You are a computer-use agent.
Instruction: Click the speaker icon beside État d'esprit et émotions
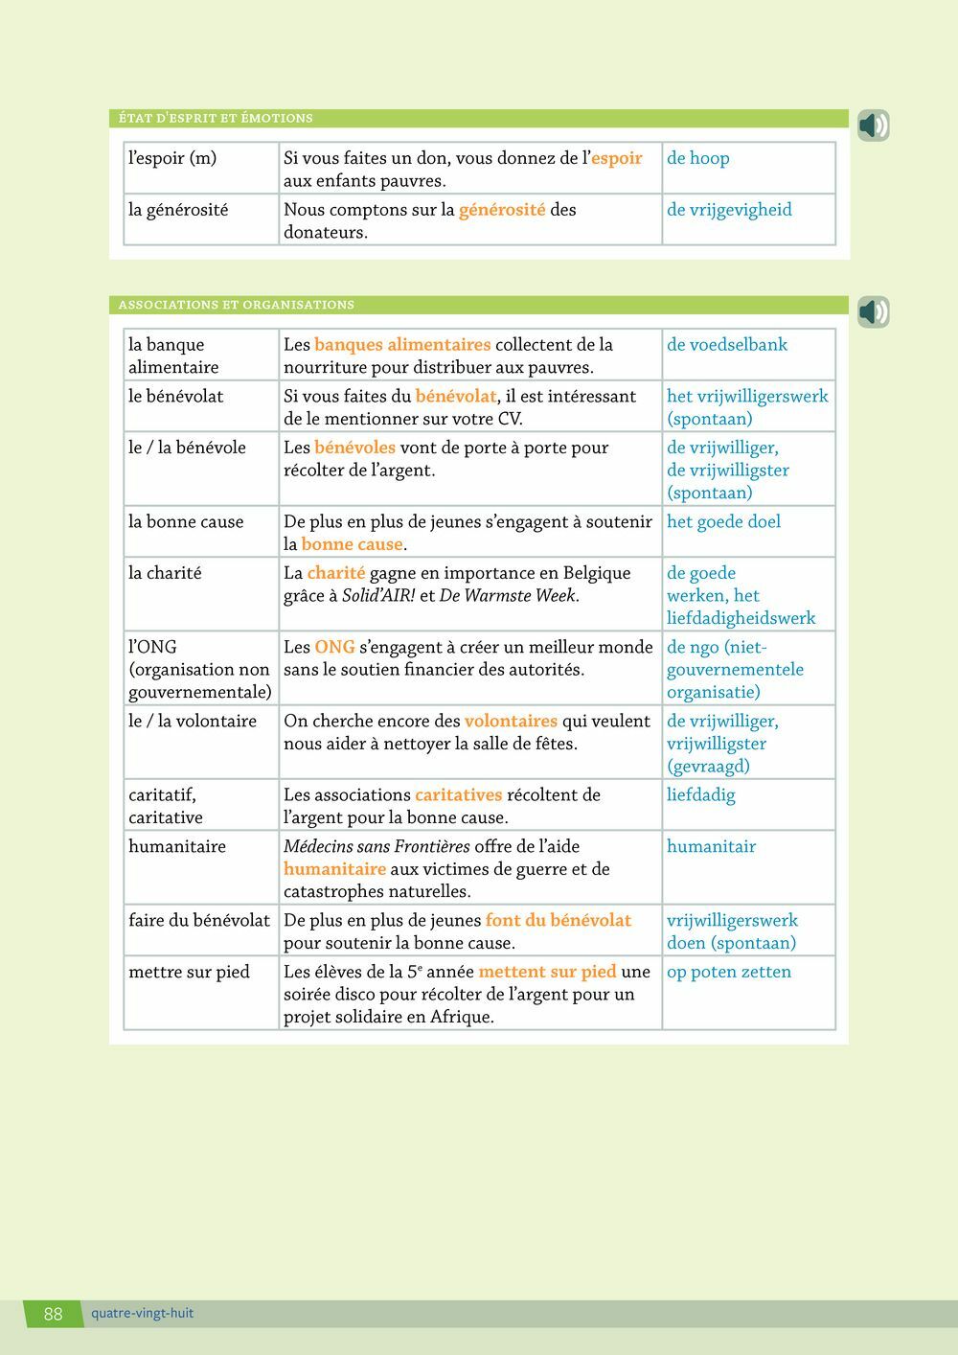(x=873, y=126)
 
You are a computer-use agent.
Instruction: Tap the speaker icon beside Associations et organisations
(x=873, y=311)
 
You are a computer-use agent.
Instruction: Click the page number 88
(x=53, y=1314)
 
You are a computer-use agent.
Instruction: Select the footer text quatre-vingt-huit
(x=142, y=1313)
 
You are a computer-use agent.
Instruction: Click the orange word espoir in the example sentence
(x=616, y=158)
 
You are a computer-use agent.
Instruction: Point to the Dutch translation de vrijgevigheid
(x=729, y=210)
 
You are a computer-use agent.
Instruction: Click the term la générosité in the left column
(x=178, y=210)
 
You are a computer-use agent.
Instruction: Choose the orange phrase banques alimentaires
(x=402, y=345)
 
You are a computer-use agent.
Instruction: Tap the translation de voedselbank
(x=726, y=345)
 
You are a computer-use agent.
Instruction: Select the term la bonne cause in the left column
(x=186, y=522)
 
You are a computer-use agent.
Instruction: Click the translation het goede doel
(x=723, y=522)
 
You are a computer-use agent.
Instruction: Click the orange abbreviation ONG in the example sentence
(x=334, y=648)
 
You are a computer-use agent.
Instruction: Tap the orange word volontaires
(x=511, y=722)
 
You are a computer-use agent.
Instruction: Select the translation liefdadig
(x=700, y=795)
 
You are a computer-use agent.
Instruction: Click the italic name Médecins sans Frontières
(x=376, y=847)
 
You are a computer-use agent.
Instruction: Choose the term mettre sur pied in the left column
(x=189, y=973)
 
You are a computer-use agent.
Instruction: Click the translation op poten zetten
(x=728, y=973)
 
